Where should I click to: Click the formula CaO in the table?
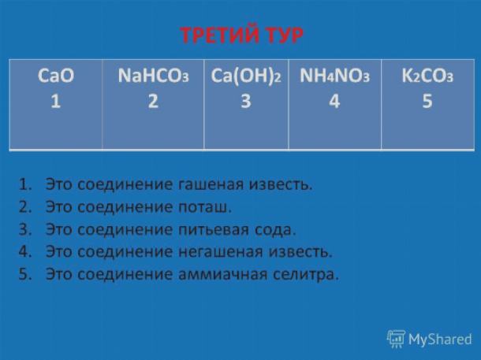click(x=56, y=76)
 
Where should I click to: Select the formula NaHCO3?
click(x=154, y=76)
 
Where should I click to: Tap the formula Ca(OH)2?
click(x=246, y=76)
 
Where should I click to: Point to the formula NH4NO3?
click(x=334, y=76)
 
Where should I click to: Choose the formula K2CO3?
click(x=427, y=76)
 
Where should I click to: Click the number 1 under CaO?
click(x=55, y=101)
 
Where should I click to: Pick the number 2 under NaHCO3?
click(x=153, y=101)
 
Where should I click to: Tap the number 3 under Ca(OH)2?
click(x=246, y=101)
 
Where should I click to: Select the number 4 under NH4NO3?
click(x=334, y=101)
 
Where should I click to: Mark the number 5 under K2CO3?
click(x=427, y=101)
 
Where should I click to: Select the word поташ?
click(x=204, y=207)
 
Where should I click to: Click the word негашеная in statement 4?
click(x=221, y=252)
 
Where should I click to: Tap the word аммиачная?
click(x=222, y=274)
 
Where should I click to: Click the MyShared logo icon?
click(x=396, y=339)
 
